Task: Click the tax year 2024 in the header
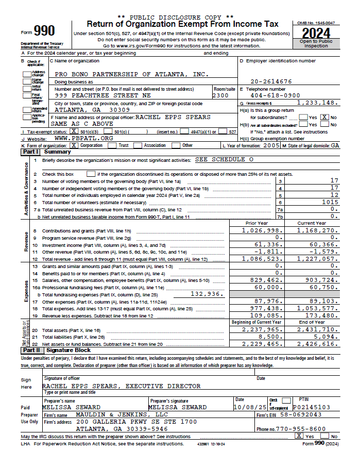(316, 34)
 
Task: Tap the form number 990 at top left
(44, 31)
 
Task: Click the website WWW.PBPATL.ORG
(83, 138)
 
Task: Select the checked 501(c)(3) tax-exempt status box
(75, 131)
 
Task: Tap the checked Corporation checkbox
(74, 145)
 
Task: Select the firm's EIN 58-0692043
(304, 414)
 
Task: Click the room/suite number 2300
(220, 95)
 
